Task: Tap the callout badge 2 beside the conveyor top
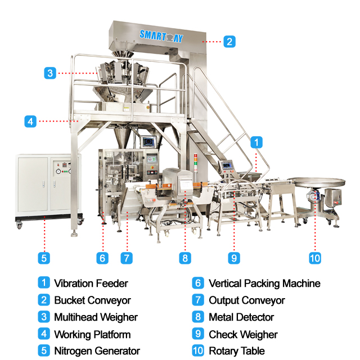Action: [229, 41]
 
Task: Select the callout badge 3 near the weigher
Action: [50, 73]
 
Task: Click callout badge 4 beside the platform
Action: [30, 120]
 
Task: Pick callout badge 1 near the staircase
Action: [256, 142]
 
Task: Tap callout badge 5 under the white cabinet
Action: [44, 258]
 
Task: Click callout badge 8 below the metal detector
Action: [184, 258]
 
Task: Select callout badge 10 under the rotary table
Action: [315, 258]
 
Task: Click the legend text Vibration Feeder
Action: [91, 283]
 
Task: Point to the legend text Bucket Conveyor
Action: [92, 300]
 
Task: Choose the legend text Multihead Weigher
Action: [96, 317]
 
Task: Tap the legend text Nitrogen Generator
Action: [97, 351]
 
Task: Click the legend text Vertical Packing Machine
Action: [264, 283]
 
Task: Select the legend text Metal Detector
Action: [241, 317]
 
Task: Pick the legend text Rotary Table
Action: [237, 351]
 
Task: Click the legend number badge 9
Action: [197, 334]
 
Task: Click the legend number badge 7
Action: [197, 300]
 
